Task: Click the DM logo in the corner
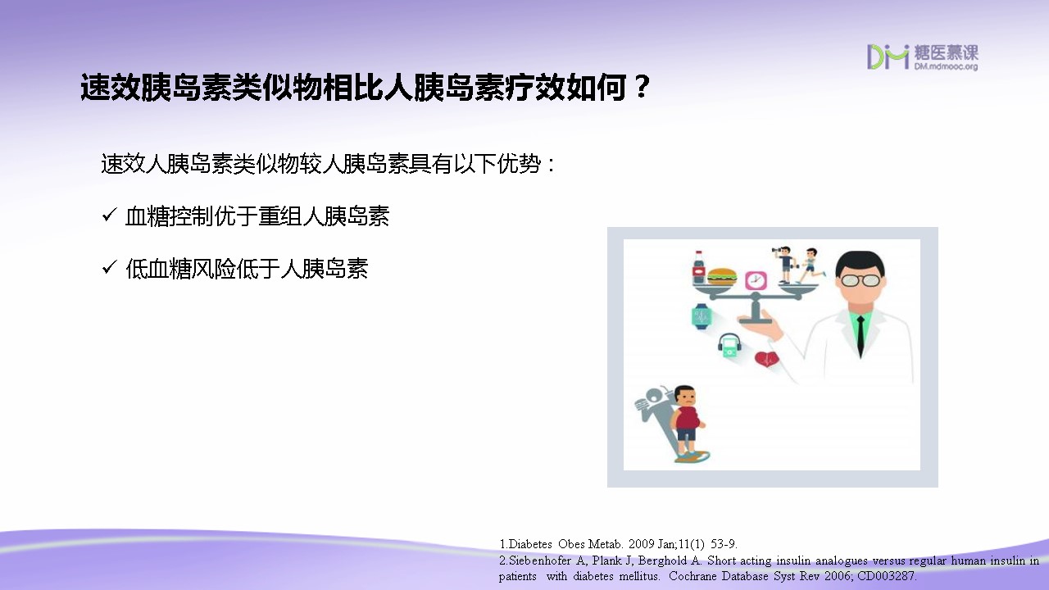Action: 888,57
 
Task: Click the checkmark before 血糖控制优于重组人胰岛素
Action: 109,216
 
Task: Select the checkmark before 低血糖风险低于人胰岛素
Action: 109,268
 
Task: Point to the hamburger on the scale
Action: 722,276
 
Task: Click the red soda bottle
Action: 699,267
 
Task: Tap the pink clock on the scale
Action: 756,280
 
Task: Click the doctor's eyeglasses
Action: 861,280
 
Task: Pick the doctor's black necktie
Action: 861,336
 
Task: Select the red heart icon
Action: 767,359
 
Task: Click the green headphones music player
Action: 729,346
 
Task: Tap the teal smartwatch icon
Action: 701,316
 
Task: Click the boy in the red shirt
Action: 687,422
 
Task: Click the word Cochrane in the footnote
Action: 693,576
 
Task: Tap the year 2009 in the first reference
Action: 641,544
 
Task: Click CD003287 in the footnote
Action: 886,576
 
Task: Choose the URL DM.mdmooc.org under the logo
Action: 946,66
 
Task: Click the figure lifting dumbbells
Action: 783,265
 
